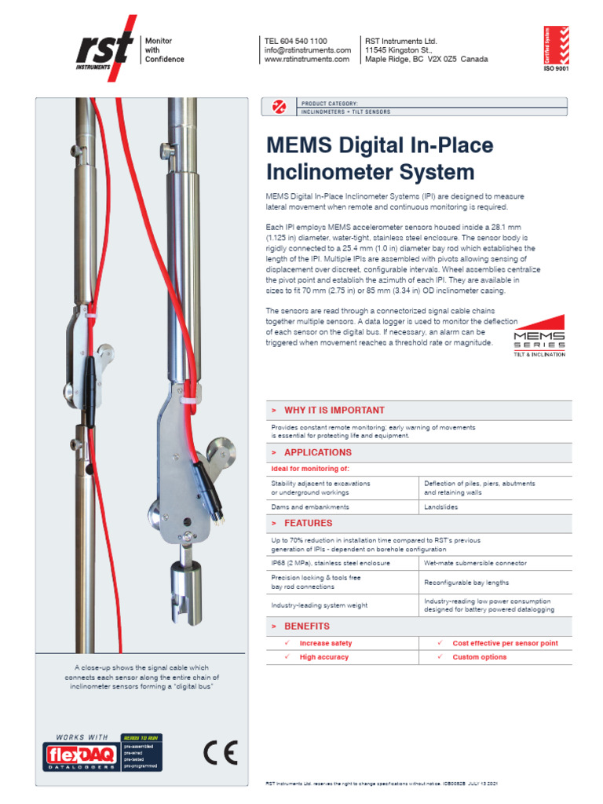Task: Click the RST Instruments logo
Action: (x=103, y=49)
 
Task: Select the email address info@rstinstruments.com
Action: (x=307, y=50)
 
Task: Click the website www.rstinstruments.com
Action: (x=307, y=60)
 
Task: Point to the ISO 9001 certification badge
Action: (x=556, y=49)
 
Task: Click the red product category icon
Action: (x=277, y=107)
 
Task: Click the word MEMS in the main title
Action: (x=299, y=146)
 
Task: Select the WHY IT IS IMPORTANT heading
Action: (x=334, y=410)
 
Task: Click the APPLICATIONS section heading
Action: (x=317, y=452)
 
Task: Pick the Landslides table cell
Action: (x=440, y=507)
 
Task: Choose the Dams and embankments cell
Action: (x=310, y=507)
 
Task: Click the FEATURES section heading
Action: (x=308, y=523)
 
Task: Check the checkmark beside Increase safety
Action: (x=287, y=643)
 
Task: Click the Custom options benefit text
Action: (x=479, y=657)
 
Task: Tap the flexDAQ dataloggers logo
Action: (x=81, y=755)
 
